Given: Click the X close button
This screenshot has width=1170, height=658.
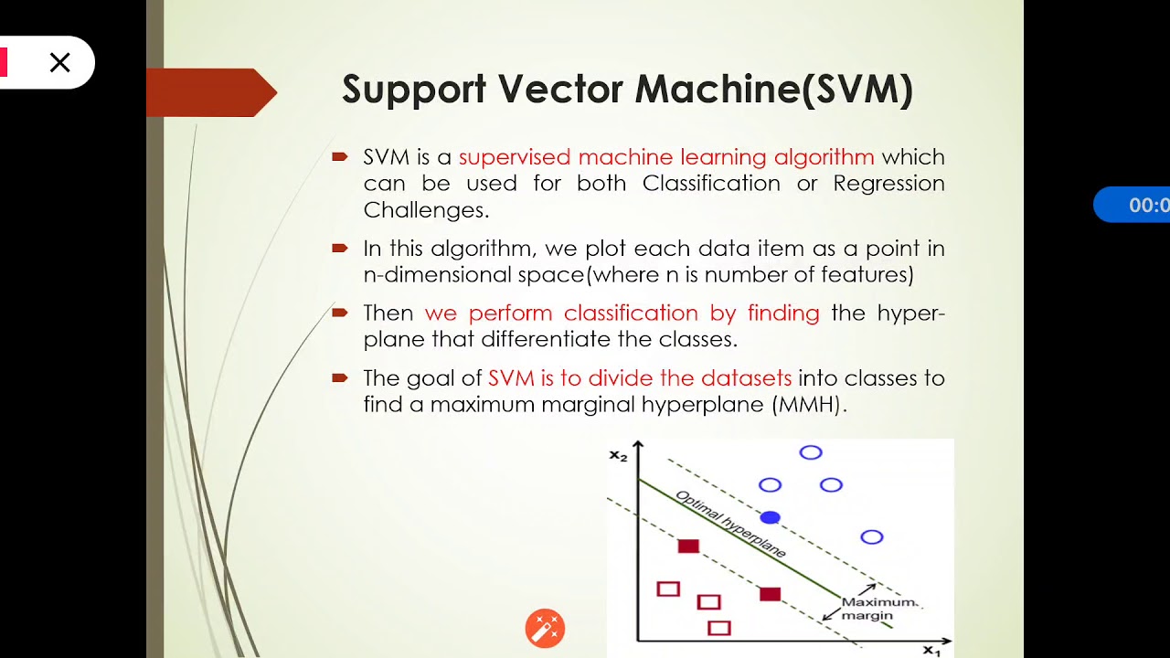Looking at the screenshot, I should [x=59, y=62].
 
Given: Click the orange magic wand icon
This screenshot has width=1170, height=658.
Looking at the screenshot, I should [x=545, y=629].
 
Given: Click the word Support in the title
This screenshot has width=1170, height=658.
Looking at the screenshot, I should [x=414, y=90].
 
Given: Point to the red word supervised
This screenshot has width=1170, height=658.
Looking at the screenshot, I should [x=515, y=157].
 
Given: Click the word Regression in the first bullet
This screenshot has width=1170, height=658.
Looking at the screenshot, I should [x=888, y=183].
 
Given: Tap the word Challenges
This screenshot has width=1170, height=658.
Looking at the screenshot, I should [x=426, y=209].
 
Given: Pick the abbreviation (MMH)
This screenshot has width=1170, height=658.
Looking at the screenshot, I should [x=809, y=404].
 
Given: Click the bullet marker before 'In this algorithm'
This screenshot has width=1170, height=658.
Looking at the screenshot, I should [x=339, y=248].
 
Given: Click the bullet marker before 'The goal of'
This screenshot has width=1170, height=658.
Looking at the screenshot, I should [x=339, y=377].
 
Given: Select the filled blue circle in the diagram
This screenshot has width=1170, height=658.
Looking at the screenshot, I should [x=770, y=517].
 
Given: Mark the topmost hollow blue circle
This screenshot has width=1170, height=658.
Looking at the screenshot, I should [x=811, y=452].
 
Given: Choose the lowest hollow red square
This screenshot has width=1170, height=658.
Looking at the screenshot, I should [x=719, y=628].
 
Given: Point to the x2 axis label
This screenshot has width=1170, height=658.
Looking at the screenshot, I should [x=619, y=454].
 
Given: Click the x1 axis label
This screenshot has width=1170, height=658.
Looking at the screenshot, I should [x=931, y=650].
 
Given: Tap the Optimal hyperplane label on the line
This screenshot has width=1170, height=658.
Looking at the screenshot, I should [x=730, y=525].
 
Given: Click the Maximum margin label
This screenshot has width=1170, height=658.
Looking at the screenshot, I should [x=875, y=609].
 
